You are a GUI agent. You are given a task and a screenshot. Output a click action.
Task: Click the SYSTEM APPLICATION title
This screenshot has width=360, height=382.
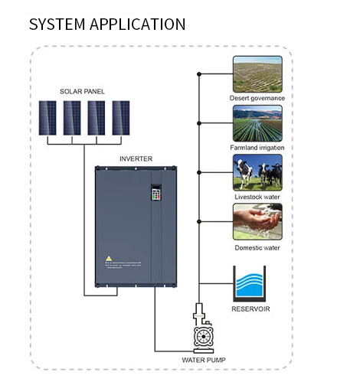coord(106,24)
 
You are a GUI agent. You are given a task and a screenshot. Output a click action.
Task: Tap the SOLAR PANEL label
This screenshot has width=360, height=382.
coord(82,92)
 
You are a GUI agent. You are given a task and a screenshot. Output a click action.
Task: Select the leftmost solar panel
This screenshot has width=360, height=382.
coord(48,118)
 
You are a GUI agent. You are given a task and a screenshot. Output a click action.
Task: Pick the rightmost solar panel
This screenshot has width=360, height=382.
coord(121,118)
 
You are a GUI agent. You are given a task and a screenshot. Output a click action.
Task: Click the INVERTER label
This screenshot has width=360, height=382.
coord(136,158)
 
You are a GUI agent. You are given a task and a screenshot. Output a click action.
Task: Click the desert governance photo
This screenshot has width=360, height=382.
coord(257,73)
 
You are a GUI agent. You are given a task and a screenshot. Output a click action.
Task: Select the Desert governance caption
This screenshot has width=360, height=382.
coord(257,98)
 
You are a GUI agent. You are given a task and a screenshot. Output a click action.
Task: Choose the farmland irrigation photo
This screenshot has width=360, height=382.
coord(257,122)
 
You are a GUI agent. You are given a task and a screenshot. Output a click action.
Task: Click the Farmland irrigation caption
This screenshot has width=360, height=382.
coord(257,147)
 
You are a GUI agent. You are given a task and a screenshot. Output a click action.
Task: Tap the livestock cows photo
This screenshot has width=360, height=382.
coord(257,172)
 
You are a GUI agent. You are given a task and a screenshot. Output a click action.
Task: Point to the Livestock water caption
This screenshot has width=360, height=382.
coord(257,198)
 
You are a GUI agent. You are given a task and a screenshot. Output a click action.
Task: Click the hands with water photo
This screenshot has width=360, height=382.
coord(257,222)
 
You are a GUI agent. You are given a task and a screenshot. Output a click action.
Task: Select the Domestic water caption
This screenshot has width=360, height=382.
coord(257,247)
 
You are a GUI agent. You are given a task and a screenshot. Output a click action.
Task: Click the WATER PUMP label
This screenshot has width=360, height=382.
coord(202,359)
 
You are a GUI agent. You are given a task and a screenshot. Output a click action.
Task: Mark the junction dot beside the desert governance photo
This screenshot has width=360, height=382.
coord(199,74)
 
